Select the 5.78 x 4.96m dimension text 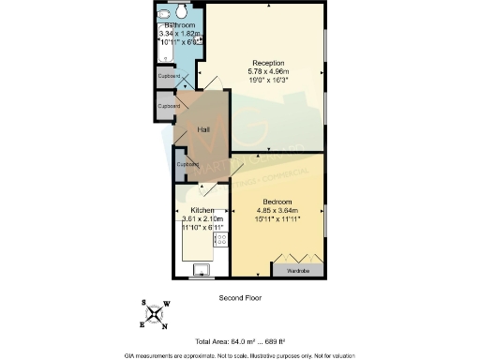tap(267, 72)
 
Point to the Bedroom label tap(278, 202)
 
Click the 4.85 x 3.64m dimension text tap(278, 211)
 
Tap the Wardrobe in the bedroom tap(297, 270)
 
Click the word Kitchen tap(203, 210)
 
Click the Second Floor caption tap(239, 298)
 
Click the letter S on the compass tap(144, 302)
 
